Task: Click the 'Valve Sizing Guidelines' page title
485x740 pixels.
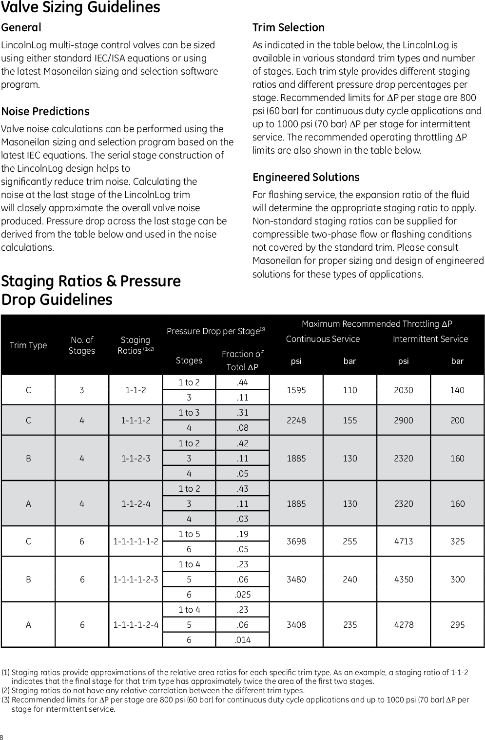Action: pos(80,8)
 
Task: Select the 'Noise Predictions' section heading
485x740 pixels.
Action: pos(45,112)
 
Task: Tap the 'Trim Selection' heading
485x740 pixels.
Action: pos(288,28)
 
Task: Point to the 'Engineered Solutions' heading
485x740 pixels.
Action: pos(306,178)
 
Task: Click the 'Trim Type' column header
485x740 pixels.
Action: pos(28,345)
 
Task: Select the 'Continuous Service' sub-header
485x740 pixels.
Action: pos(323,339)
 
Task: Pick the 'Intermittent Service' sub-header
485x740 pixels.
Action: pos(430,339)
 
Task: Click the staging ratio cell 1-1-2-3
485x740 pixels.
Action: pos(136,459)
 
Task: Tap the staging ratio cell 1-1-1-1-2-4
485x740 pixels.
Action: pos(136,625)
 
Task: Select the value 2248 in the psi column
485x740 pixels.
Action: pos(296,420)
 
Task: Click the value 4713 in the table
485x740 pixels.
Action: pos(404,541)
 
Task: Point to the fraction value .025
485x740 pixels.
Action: pos(242,595)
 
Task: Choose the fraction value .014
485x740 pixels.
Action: pos(242,640)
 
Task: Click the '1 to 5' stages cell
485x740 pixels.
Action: pos(189,534)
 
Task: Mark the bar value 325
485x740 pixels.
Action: pos(457,541)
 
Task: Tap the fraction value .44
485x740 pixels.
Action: pos(242,382)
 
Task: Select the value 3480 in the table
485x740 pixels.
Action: pos(296,580)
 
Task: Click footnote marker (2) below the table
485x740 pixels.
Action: pos(6,691)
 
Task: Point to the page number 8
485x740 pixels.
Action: pos(2,737)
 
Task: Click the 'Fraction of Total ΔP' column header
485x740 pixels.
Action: pos(242,360)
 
